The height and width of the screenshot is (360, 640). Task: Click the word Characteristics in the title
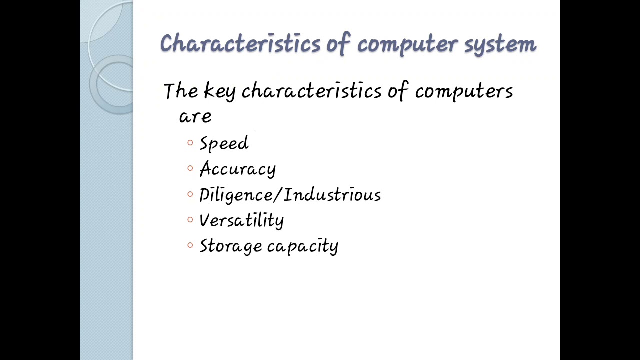point(240,44)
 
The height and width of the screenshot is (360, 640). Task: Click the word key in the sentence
point(219,92)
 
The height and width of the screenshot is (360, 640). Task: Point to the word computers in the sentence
point(464,92)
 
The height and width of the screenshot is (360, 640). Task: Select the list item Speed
point(224,144)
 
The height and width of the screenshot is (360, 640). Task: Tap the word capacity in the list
point(303,246)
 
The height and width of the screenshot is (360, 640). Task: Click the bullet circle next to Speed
point(190,143)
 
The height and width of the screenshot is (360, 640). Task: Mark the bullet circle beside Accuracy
point(190,168)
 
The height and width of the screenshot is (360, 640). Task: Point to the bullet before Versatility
point(190,219)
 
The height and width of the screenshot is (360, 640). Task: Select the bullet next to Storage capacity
point(190,245)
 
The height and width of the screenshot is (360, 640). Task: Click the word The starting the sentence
point(181,91)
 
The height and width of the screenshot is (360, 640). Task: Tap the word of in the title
point(338,44)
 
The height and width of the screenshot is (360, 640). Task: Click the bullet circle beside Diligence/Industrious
point(190,194)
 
